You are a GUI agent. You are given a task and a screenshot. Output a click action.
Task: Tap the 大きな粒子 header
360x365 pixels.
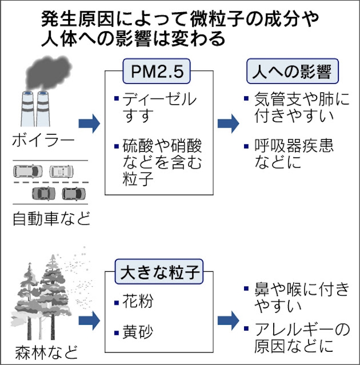coord(159,273)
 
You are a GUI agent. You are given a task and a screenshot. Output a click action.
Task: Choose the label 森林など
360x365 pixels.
coord(45,351)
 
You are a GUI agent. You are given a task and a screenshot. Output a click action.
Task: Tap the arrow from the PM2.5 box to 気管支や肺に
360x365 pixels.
coord(228,123)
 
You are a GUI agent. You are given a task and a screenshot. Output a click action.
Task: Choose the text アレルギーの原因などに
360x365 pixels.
coord(299,338)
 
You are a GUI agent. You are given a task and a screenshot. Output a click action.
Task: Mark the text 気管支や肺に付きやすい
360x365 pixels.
coord(299,107)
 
